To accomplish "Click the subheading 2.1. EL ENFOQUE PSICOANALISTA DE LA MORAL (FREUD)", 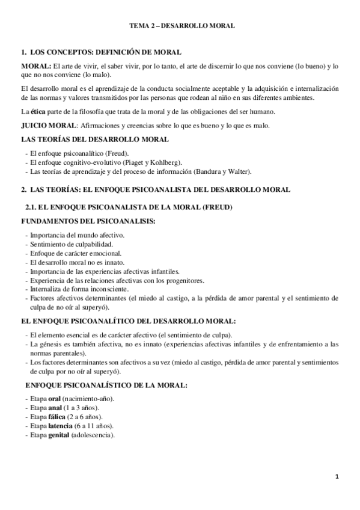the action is (128, 207).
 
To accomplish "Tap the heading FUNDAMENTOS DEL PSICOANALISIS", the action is (88, 221).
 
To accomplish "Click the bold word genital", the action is (59, 435).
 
